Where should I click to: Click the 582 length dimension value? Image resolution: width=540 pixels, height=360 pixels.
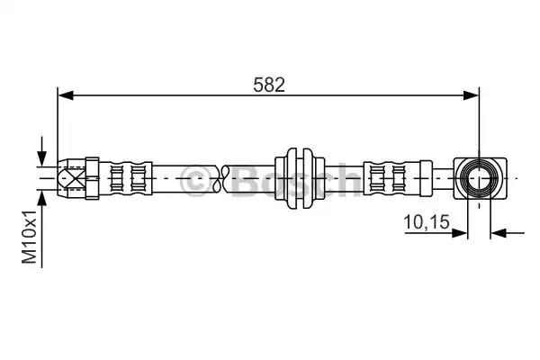(269, 85)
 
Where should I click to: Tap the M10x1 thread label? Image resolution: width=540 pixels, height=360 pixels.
(30, 237)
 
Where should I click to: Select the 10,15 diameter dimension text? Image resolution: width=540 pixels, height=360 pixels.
(427, 221)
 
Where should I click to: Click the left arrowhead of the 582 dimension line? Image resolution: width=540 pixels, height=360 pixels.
(66, 95)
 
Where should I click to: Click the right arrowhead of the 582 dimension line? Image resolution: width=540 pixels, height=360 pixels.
(471, 95)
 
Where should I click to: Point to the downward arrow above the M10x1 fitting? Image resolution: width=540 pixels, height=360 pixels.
(41, 151)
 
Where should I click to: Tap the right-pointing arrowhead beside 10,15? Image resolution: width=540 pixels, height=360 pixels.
(459, 233)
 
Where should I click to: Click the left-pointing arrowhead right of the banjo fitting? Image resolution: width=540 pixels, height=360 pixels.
(499, 233)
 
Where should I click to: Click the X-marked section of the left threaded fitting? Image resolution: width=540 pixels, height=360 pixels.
(72, 178)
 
